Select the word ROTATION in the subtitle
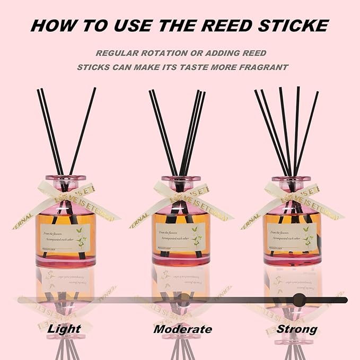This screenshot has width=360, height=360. [164, 54]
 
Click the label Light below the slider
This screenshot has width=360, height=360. [65, 329]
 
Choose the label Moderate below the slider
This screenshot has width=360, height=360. [182, 329]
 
